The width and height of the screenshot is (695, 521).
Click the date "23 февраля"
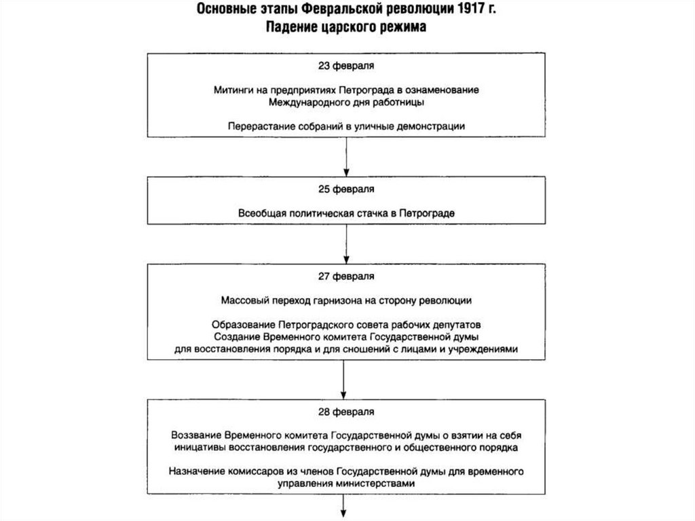click(347, 66)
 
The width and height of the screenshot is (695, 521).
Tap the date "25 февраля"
click(347, 187)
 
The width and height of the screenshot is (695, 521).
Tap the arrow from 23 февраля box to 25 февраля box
click(347, 156)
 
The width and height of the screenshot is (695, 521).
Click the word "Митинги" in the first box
click(231, 90)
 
